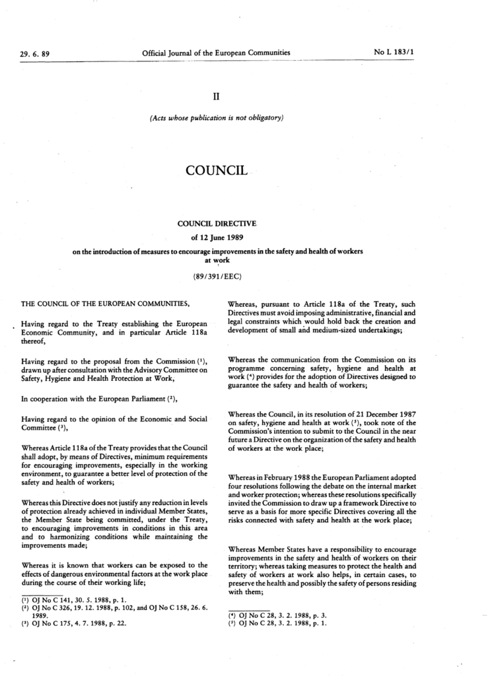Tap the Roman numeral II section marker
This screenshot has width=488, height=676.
[215, 96]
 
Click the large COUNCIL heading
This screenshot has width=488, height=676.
[216, 171]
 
